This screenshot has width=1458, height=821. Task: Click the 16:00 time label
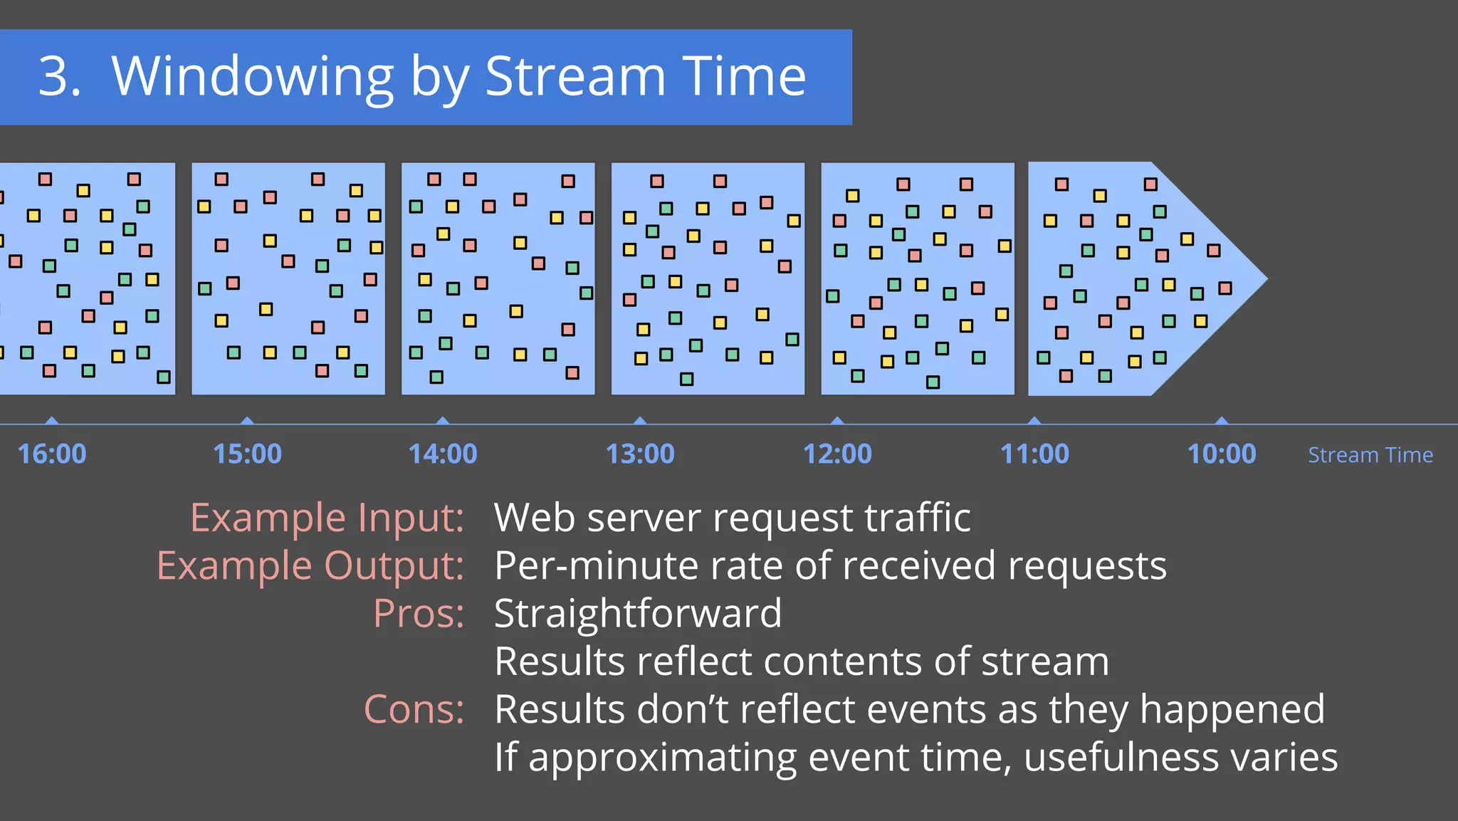51,454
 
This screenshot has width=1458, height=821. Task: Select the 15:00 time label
247,454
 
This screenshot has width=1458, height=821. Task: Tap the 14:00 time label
442,454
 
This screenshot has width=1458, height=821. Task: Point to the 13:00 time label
639,454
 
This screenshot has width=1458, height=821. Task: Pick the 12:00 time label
837,454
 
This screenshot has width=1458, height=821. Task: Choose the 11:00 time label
1034,454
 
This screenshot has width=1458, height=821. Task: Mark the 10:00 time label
1222,454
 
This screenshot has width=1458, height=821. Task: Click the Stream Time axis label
1370,455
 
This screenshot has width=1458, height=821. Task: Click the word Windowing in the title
253,77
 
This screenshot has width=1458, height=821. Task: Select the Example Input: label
327,518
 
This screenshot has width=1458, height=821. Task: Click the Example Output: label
310,566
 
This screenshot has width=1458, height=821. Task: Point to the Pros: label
419,613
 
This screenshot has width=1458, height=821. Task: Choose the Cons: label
414,709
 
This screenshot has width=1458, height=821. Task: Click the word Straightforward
638,613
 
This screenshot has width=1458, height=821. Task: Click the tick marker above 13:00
640,421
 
